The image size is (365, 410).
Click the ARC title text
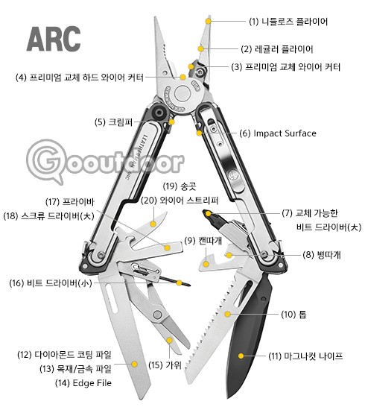click(x=54, y=39)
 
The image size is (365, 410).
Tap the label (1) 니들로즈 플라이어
click(x=288, y=22)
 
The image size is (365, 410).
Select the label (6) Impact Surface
click(x=278, y=133)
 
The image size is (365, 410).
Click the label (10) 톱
click(x=293, y=315)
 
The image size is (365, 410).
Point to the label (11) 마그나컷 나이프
click(x=305, y=356)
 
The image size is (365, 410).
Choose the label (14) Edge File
click(x=83, y=383)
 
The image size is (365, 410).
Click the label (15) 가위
click(x=165, y=365)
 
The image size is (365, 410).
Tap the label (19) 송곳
click(x=180, y=186)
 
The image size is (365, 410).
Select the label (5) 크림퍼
click(x=114, y=122)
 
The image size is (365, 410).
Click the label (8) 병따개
click(x=322, y=255)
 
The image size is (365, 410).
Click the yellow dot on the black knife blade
click(x=241, y=356)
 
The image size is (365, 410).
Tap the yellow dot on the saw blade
click(x=228, y=314)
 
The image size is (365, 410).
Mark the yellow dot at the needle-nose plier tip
click(x=208, y=21)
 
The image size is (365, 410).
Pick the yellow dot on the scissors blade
click(x=170, y=340)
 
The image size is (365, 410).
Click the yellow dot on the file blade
click(x=135, y=364)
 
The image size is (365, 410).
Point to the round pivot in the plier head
click(x=182, y=94)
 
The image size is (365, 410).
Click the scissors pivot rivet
click(x=157, y=315)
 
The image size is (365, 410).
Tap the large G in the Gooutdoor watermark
click(x=46, y=160)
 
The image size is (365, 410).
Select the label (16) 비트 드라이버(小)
click(x=51, y=283)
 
